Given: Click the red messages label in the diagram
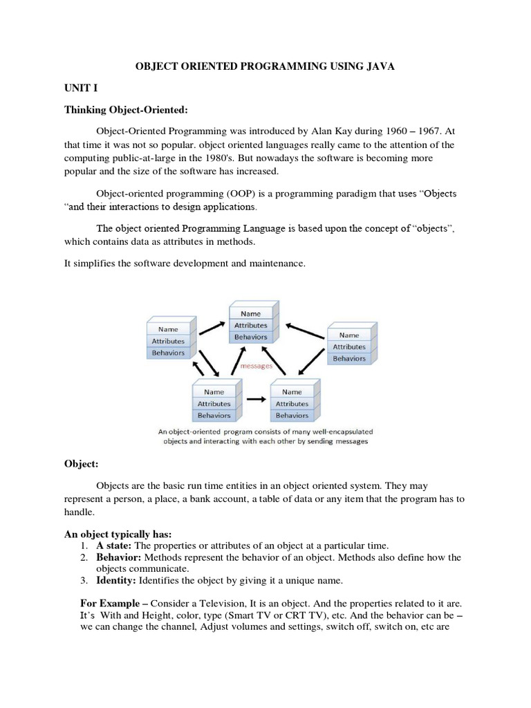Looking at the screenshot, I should (254, 366).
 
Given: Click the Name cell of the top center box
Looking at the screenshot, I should (250, 313).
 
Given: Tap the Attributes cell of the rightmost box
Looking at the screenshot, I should (348, 346).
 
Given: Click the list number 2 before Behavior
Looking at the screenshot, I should (84, 557).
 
